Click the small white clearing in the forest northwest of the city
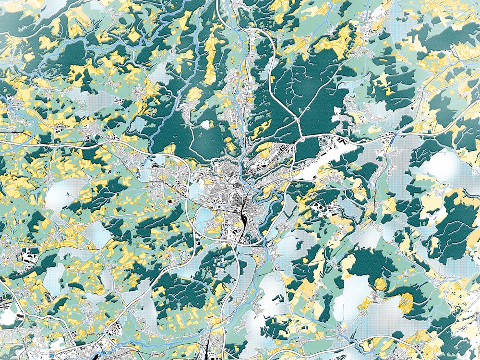pyautogui.click(x=206, y=124)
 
